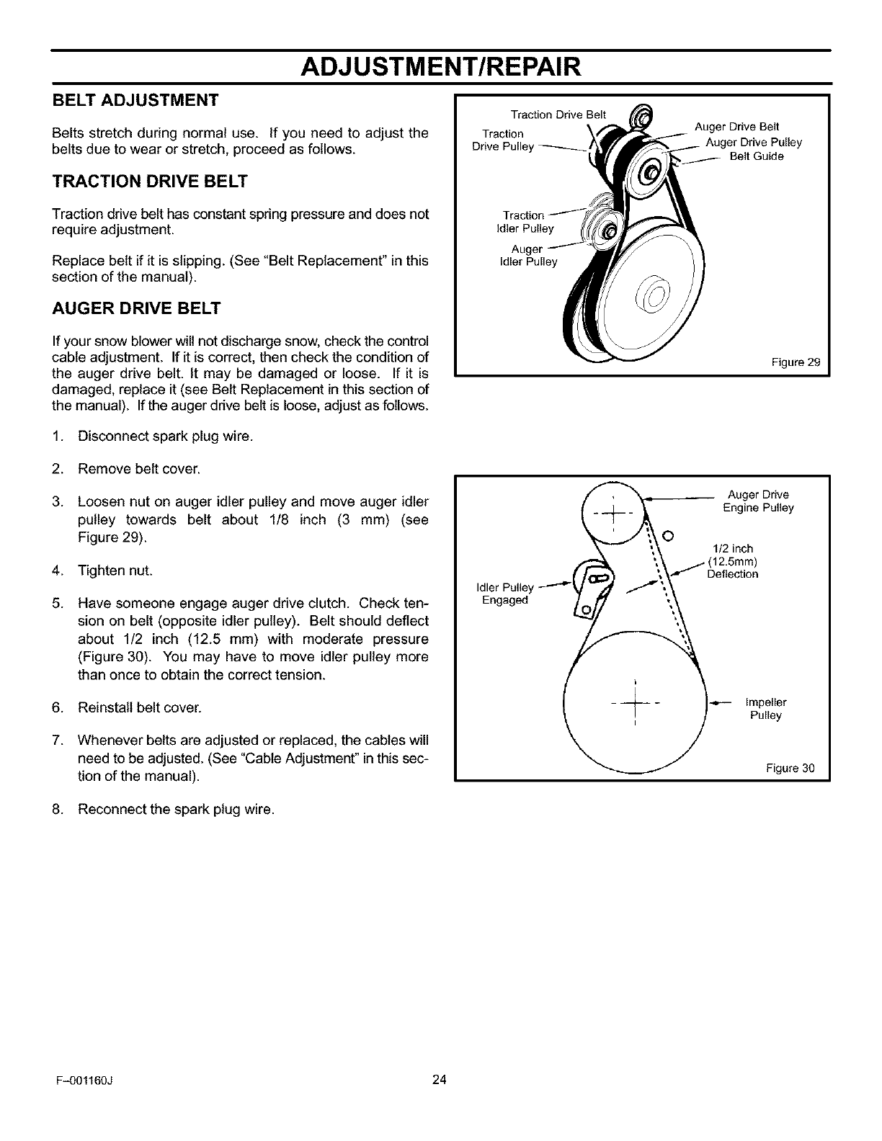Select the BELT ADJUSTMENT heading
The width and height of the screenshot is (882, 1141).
pyautogui.click(x=135, y=99)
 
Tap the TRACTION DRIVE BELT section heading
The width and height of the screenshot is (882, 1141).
pyautogui.click(x=149, y=182)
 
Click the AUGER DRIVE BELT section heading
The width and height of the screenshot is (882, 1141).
pyautogui.click(x=136, y=309)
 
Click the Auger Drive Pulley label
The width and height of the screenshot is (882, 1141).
pyautogui.click(x=753, y=143)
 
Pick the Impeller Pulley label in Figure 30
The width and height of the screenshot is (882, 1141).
pyautogui.click(x=766, y=709)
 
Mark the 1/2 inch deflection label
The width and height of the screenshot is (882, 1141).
pyautogui.click(x=734, y=562)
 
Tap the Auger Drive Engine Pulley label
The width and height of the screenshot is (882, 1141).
pyautogui.click(x=758, y=501)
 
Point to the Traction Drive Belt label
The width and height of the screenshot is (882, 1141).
pyautogui.click(x=558, y=115)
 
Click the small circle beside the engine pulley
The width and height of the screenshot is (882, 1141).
pyautogui.click(x=667, y=536)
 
